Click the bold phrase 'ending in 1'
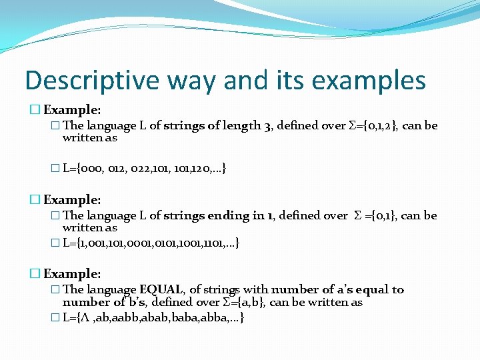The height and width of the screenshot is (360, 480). (241, 215)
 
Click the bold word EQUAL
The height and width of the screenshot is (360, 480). (162, 289)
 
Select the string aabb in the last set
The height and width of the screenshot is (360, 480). (129, 317)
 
